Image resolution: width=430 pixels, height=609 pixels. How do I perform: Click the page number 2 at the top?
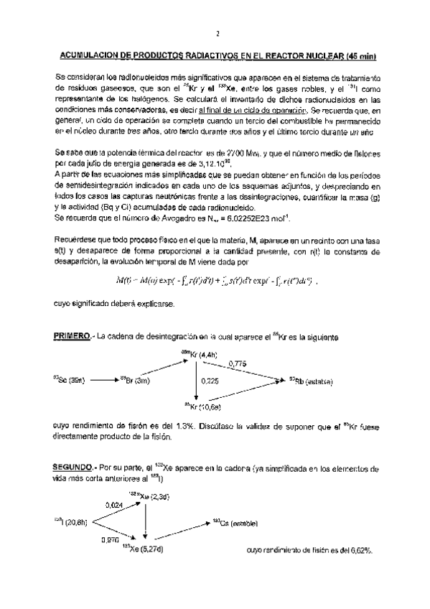coord(215,33)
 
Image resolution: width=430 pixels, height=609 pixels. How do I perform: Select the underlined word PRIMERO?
coord(73,337)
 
